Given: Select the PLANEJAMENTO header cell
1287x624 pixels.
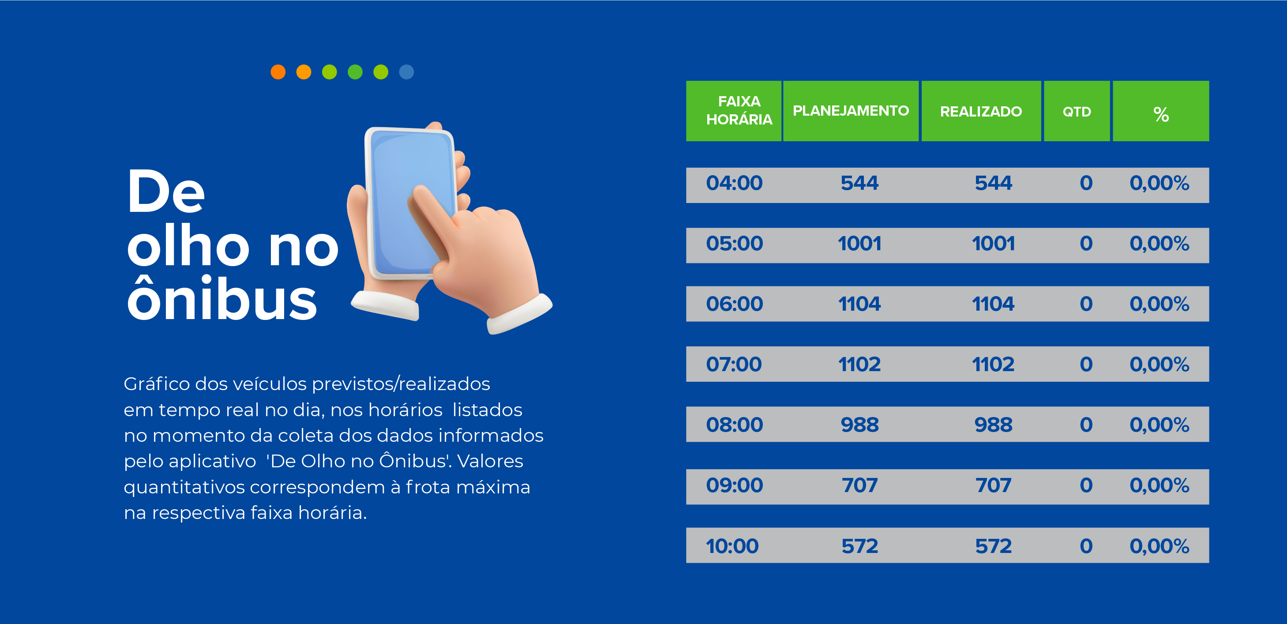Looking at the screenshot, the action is (x=850, y=111).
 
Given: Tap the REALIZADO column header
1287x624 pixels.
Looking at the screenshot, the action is (x=981, y=111).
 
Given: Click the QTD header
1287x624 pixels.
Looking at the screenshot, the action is (x=1077, y=111).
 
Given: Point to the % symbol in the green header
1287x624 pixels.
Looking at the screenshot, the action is (x=1161, y=114).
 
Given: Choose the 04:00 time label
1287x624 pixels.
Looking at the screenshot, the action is (x=734, y=183).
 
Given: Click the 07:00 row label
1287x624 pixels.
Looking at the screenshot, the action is (x=734, y=365).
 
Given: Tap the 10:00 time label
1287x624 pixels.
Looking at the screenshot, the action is (x=732, y=546).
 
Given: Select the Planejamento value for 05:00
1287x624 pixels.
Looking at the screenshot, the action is (x=859, y=244).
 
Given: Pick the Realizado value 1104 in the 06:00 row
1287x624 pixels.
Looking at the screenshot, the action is (x=993, y=304).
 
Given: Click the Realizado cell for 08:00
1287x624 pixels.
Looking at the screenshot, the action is (x=993, y=425).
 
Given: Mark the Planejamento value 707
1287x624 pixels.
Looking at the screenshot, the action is (x=859, y=485).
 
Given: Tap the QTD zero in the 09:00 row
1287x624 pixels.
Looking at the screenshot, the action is (x=1086, y=485).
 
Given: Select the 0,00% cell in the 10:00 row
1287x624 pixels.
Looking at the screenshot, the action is (x=1159, y=546).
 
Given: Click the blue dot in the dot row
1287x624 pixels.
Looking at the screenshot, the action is (x=407, y=72).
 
